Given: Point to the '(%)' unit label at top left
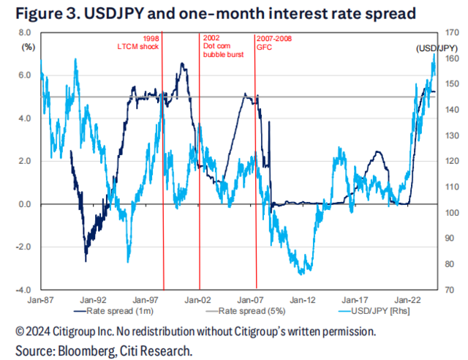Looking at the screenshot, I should point(29,46).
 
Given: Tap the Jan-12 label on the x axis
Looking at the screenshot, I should point(303,299).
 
